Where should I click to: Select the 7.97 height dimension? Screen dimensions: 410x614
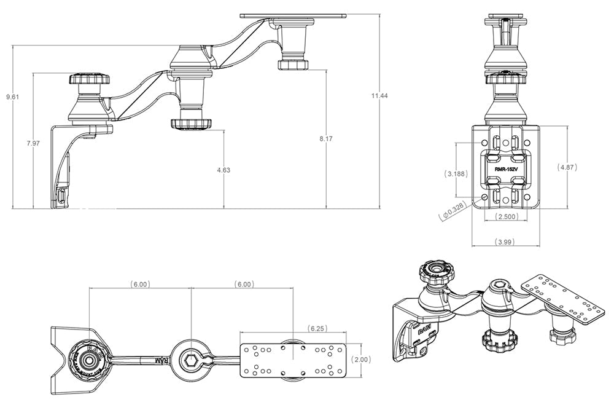click(33, 143)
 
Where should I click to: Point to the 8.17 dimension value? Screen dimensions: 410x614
click(325, 140)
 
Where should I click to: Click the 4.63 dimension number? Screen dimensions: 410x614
click(223, 170)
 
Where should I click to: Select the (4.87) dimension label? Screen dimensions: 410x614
click(567, 167)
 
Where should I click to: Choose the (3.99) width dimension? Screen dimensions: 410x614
click(505, 242)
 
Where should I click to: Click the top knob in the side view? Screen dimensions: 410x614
click(89, 80)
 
